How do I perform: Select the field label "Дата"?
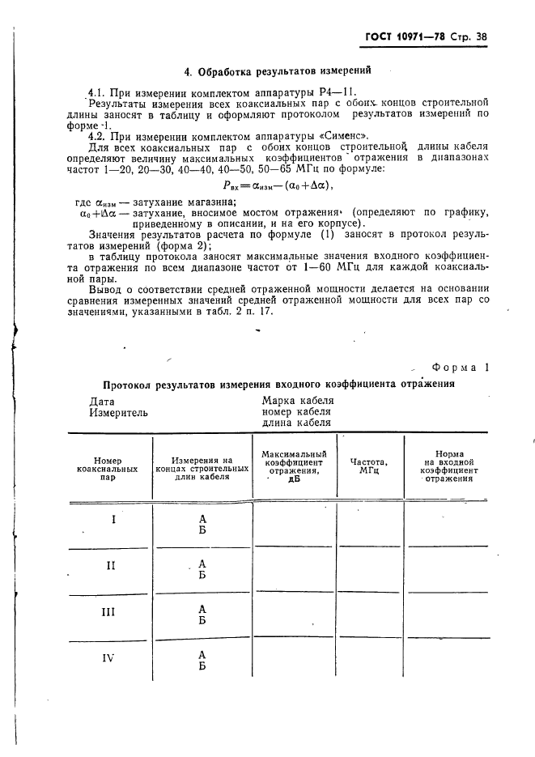click(102, 401)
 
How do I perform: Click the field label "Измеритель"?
click(118, 412)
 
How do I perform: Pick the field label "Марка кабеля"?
click(297, 400)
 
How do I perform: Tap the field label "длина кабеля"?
click(296, 423)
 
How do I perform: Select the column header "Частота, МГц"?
click(369, 466)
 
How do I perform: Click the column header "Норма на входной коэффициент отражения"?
click(448, 466)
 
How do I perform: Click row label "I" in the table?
click(113, 519)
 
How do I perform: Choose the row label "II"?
click(112, 565)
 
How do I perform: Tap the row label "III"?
click(112, 611)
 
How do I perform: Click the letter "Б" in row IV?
click(202, 666)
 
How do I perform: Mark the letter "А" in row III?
click(202, 607)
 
